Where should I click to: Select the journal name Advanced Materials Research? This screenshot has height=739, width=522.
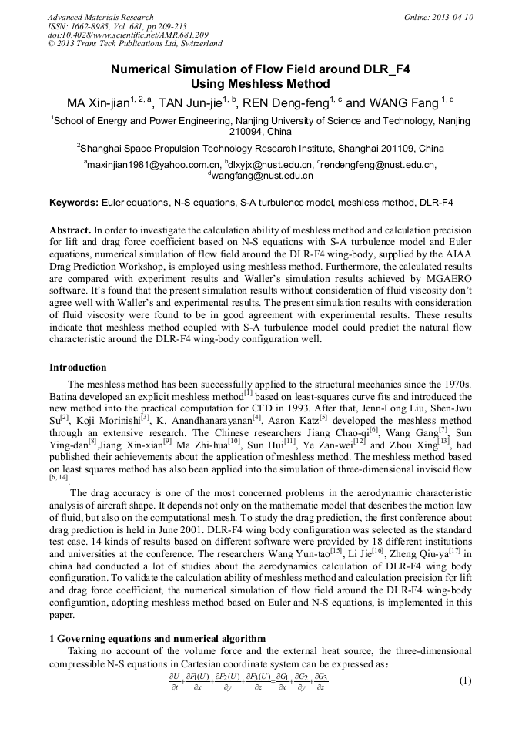100,17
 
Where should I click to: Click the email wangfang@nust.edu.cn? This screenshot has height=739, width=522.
263,176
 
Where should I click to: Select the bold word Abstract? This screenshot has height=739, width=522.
70,230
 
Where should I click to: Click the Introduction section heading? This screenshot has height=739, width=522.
78,367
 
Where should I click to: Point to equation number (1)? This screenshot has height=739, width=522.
464,680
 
